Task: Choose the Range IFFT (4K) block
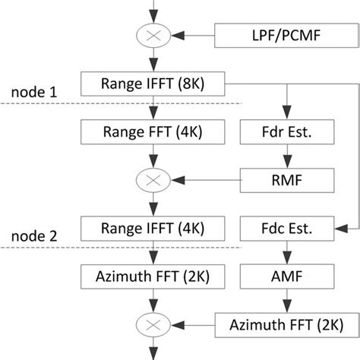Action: click(154, 228)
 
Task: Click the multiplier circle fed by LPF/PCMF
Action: click(154, 35)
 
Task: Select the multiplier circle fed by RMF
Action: click(154, 181)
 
